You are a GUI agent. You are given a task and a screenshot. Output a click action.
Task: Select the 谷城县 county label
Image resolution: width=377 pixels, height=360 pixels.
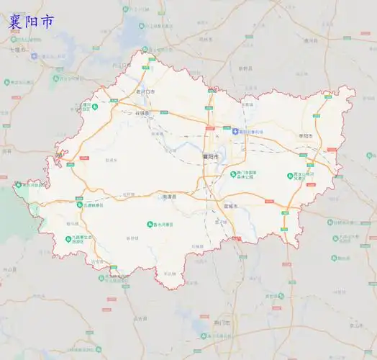[143, 113]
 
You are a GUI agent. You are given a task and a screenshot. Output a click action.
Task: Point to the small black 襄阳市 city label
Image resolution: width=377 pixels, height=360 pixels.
[210, 156]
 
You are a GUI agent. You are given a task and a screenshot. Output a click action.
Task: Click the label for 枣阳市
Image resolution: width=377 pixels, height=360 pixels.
[306, 135]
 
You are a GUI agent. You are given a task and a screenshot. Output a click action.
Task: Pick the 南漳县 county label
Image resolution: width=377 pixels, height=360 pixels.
[169, 195]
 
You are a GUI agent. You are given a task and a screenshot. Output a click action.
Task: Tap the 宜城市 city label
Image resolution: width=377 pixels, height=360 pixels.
[230, 207]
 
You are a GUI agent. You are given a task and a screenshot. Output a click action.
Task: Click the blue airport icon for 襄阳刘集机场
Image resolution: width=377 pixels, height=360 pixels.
[235, 131]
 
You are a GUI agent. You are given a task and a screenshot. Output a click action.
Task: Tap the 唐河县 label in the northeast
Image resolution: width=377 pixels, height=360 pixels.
[311, 41]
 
